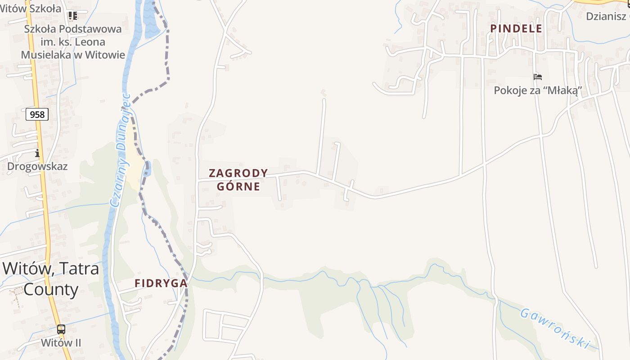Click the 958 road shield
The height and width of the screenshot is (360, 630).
37,114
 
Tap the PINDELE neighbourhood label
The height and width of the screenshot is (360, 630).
516,28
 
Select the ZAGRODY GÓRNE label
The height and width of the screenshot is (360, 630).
238,180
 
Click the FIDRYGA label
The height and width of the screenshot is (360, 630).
161,283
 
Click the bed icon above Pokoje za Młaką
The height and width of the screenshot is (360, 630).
538,77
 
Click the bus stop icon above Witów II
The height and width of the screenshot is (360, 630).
61,329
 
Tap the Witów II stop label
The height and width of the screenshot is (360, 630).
61,343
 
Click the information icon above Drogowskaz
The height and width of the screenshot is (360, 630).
37,153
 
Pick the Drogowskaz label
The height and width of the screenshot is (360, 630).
37,166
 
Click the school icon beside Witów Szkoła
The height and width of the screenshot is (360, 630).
72,16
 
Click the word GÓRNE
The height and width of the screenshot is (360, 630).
238,186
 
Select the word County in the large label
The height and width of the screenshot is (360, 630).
51,289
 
